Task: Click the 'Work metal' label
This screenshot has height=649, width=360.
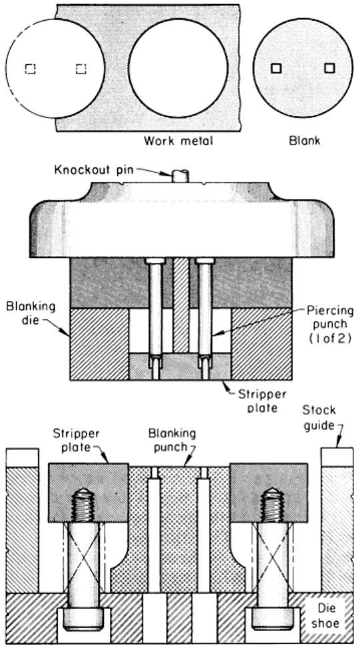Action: click(179, 141)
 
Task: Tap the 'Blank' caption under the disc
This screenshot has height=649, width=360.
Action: click(305, 141)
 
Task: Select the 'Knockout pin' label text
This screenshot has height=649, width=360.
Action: click(95, 169)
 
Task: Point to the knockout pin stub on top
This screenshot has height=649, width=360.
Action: click(181, 175)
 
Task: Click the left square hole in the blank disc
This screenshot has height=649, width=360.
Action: click(276, 68)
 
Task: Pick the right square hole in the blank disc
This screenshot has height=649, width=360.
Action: click(329, 67)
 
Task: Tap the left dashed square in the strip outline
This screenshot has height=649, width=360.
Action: click(30, 69)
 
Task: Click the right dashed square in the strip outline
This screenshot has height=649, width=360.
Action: click(81, 69)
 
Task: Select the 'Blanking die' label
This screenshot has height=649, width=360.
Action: click(31, 313)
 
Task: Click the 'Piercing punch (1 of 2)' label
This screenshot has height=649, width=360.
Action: click(330, 324)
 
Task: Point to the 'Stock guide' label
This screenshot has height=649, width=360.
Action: click(319, 418)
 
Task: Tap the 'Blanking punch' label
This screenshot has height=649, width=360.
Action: click(172, 440)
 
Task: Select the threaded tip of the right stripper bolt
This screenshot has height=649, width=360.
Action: click(272, 503)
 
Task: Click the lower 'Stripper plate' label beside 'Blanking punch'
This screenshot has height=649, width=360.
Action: click(76, 440)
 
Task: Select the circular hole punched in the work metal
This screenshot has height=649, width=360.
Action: click(178, 68)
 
